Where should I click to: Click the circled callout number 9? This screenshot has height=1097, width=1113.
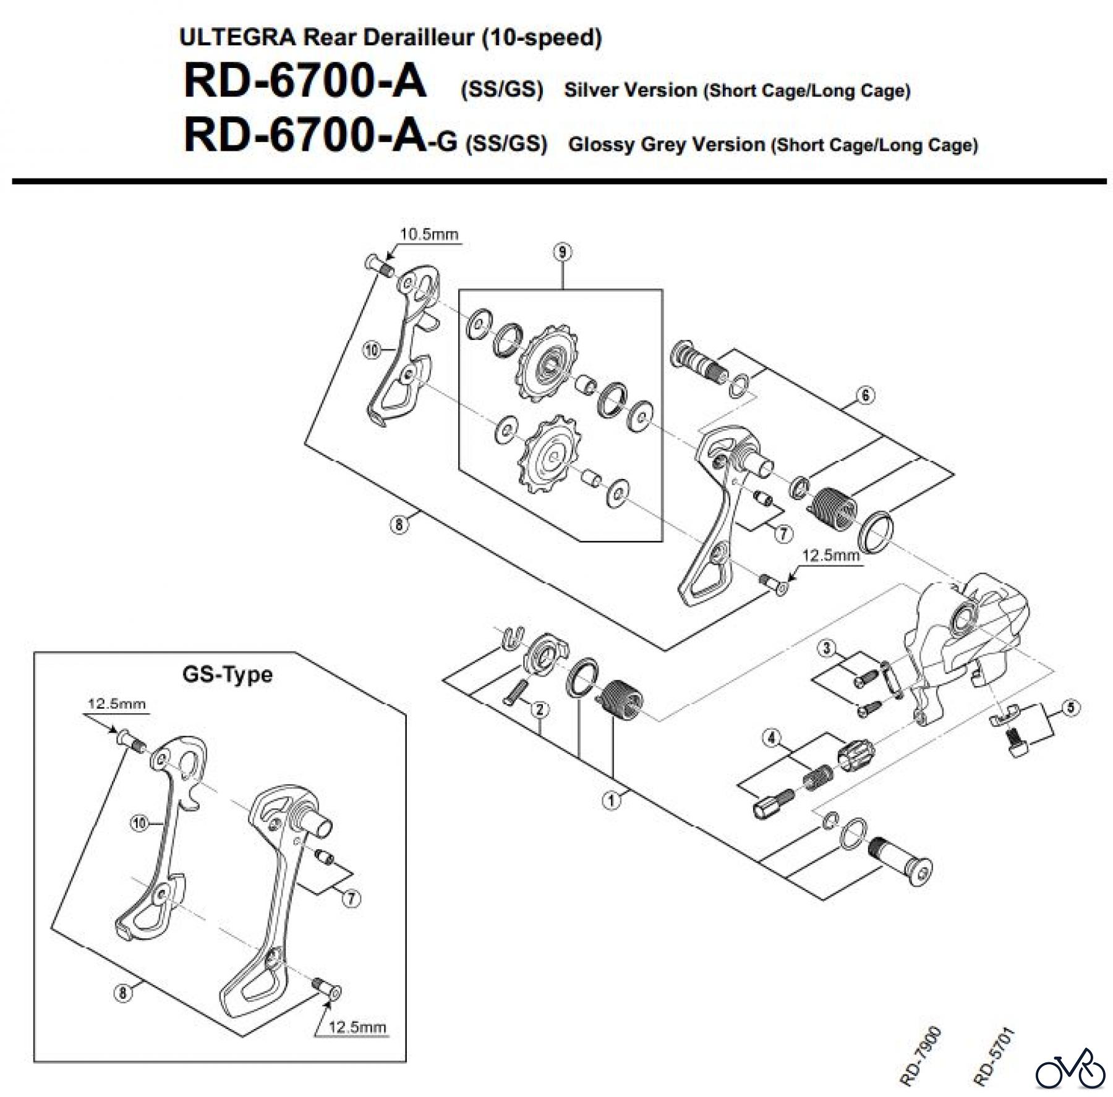click(562, 252)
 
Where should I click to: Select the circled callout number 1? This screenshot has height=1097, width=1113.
click(611, 800)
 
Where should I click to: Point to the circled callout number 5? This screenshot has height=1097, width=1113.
click(1071, 708)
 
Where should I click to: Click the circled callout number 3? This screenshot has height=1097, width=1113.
click(827, 648)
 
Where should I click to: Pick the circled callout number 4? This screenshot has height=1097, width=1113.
click(771, 738)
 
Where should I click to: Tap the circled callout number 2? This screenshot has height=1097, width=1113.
click(540, 709)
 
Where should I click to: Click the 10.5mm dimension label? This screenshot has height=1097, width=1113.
click(429, 234)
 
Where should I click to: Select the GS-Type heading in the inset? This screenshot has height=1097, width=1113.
click(227, 674)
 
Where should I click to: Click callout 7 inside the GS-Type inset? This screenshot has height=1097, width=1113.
click(351, 898)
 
